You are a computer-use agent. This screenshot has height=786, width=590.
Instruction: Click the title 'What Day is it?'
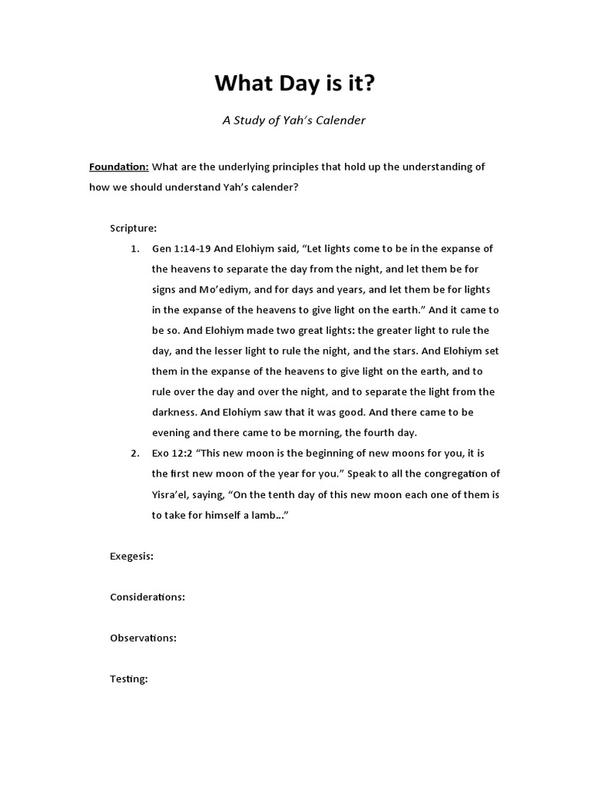pyautogui.click(x=295, y=84)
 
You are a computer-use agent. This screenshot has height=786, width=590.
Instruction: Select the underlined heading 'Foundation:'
pyautogui.click(x=119, y=167)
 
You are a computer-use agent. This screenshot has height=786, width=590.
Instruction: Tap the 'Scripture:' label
pyautogui.click(x=134, y=228)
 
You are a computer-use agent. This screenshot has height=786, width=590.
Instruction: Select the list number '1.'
pyautogui.click(x=134, y=249)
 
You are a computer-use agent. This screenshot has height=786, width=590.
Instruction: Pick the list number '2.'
pyautogui.click(x=134, y=453)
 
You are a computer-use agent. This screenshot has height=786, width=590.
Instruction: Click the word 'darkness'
pyautogui.click(x=174, y=412)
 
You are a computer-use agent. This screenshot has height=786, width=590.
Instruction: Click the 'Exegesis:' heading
pyautogui.click(x=131, y=556)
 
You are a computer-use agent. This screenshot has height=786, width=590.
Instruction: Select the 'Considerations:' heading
pyautogui.click(x=147, y=597)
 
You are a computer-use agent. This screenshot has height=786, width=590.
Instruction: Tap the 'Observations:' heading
pyautogui.click(x=144, y=638)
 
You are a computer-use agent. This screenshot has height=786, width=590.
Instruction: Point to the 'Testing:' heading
pyautogui.click(x=129, y=679)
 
